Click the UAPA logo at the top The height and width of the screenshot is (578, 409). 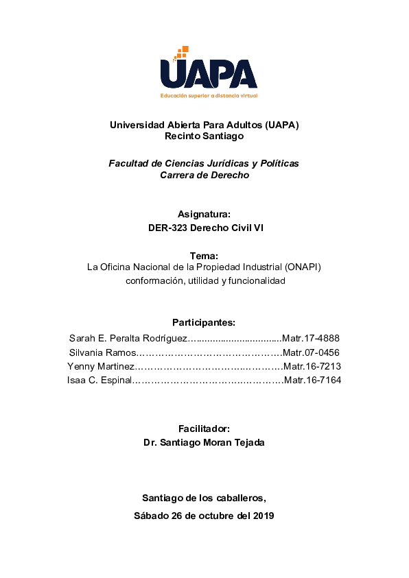[x=208, y=69]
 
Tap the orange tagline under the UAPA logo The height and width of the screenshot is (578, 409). [x=209, y=95]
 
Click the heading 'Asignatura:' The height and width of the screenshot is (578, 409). [x=204, y=214]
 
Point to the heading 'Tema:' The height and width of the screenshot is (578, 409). [x=204, y=255]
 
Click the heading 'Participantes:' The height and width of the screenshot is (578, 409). [x=204, y=322]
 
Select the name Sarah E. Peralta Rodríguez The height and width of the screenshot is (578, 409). [x=128, y=338]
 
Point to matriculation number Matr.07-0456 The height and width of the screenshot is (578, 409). [x=312, y=352]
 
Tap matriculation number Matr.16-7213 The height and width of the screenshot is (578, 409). [x=312, y=366]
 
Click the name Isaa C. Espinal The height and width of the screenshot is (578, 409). [x=99, y=380]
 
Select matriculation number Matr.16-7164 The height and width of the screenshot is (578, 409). [x=312, y=380]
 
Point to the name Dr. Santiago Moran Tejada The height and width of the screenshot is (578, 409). [x=204, y=442]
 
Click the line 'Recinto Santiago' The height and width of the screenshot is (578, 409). [x=204, y=136]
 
